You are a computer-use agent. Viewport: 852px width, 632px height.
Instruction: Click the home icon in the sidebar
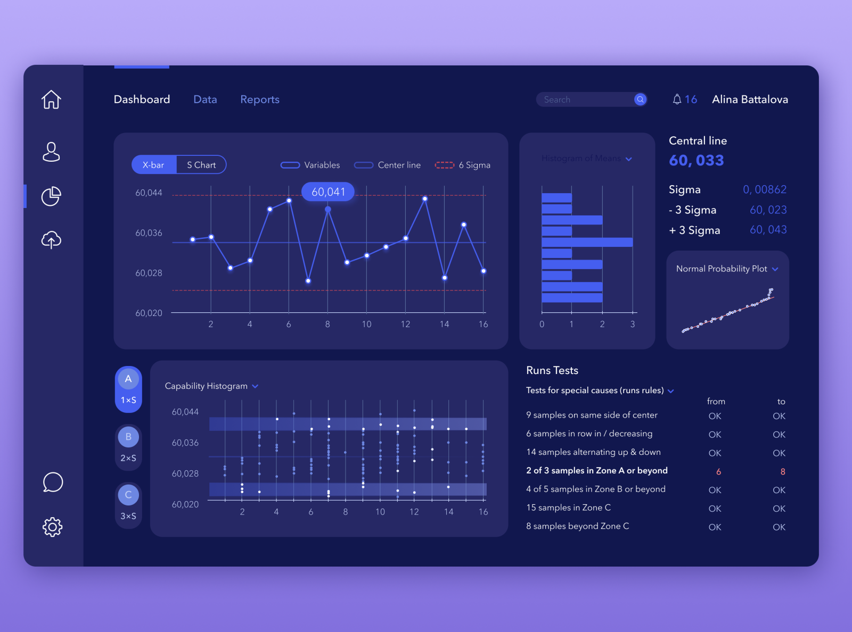51,99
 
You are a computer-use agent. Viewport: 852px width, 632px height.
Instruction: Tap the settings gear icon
52,527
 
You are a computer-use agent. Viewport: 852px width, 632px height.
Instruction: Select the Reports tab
259,99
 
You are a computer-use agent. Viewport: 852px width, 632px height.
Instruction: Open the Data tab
205,99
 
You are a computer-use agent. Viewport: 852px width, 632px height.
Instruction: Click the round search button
640,99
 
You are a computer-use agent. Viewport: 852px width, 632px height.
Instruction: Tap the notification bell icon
677,99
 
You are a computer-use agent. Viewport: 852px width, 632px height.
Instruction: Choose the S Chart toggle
201,165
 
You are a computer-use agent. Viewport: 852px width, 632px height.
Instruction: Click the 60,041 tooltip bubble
328,192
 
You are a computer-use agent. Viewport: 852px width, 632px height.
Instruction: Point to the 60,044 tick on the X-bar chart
149,193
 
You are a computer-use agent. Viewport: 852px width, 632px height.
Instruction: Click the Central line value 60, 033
696,160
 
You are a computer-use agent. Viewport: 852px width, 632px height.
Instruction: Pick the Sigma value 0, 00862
764,189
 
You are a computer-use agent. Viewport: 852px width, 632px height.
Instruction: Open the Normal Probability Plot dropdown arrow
775,269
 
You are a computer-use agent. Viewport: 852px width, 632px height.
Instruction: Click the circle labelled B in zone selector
128,437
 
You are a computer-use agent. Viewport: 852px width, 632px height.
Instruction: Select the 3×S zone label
128,516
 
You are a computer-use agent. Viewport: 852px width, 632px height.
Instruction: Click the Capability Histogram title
206,386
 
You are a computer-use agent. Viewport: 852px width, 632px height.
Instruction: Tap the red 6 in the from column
718,472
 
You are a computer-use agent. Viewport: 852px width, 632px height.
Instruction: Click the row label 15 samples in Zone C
568,508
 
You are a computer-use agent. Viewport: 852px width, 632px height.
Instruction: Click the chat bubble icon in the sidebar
52,482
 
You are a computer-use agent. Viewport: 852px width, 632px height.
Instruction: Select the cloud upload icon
51,240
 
